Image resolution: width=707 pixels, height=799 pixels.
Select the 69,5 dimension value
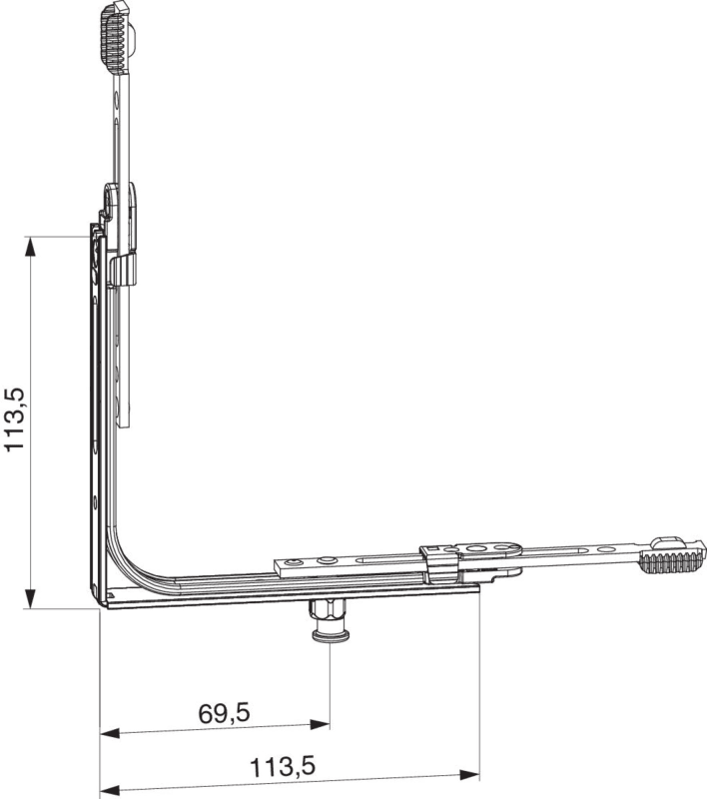(224, 713)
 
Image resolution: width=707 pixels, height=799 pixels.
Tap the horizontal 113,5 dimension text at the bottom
(283, 767)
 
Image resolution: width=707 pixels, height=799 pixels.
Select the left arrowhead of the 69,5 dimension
(110, 733)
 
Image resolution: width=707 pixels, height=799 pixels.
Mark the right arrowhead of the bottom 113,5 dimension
(469, 776)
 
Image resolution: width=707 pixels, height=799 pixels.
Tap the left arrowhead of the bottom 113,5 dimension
(110, 790)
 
